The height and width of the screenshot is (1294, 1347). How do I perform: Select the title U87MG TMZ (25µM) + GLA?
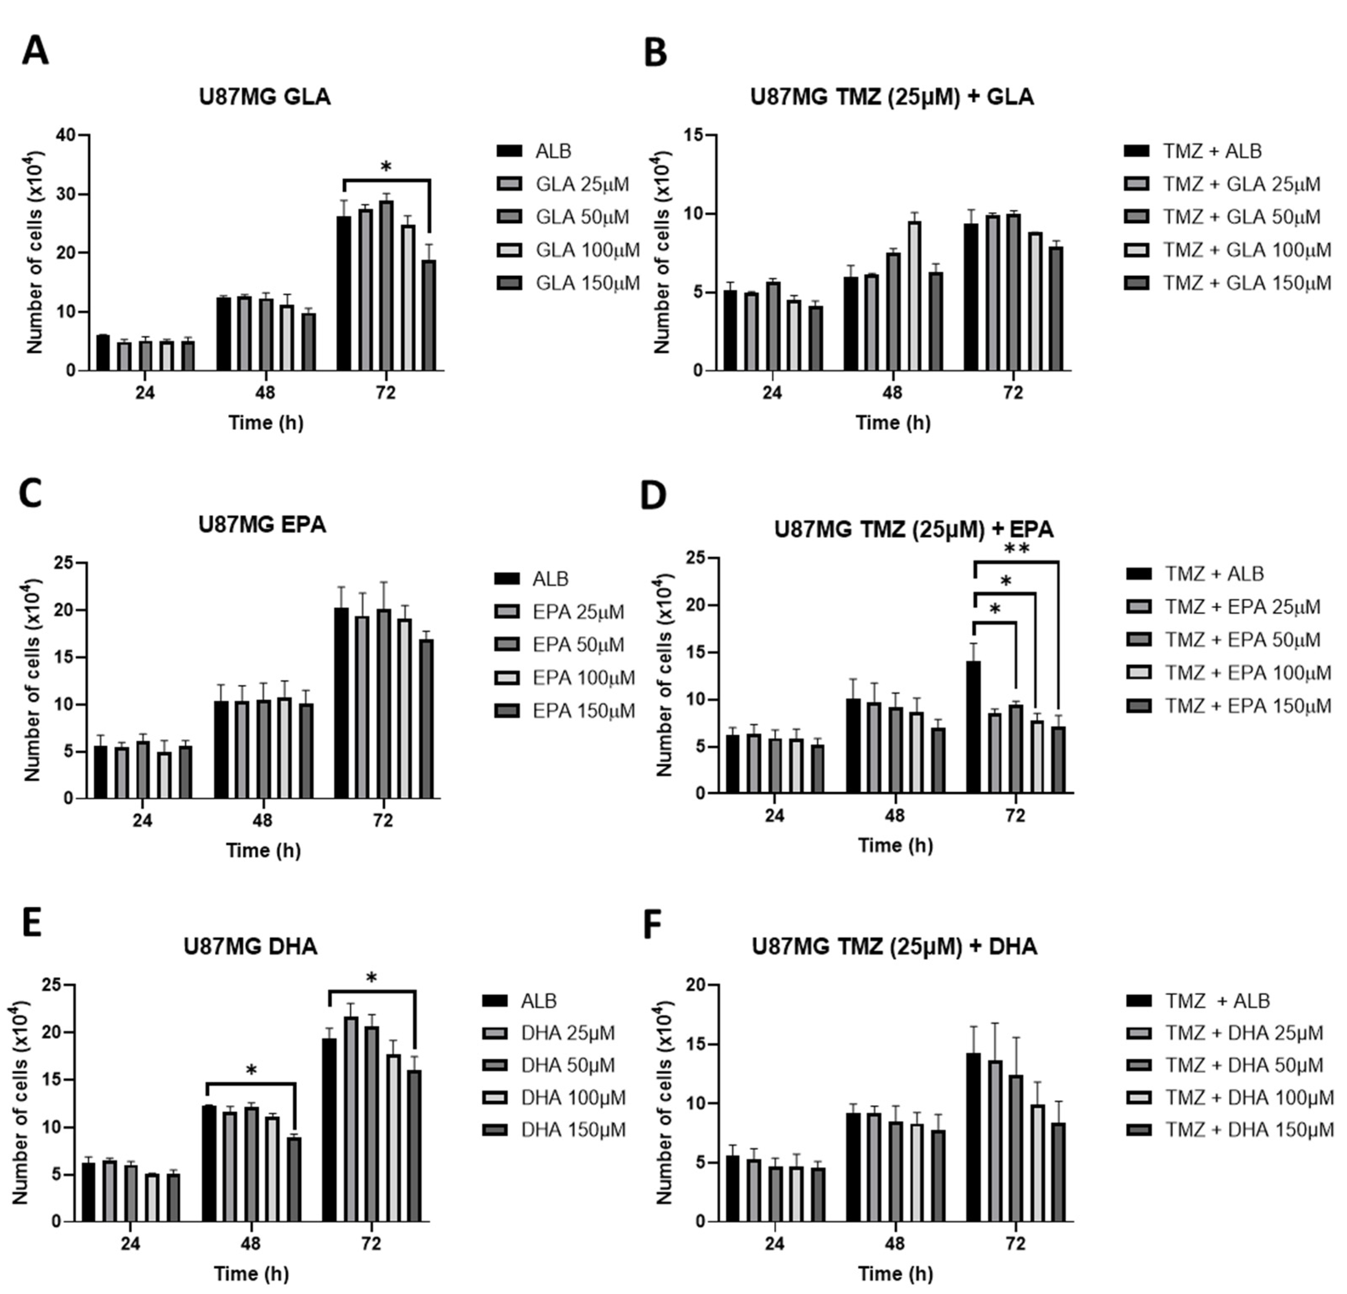point(891,97)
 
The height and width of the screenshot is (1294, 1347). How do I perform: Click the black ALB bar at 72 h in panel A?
point(344,293)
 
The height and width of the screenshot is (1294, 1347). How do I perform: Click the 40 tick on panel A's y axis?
point(66,135)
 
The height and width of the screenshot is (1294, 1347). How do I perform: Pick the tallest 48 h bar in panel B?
point(914,296)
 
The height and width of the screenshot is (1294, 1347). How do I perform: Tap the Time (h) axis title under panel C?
point(263,851)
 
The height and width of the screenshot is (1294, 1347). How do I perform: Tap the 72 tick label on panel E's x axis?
point(371,1244)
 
